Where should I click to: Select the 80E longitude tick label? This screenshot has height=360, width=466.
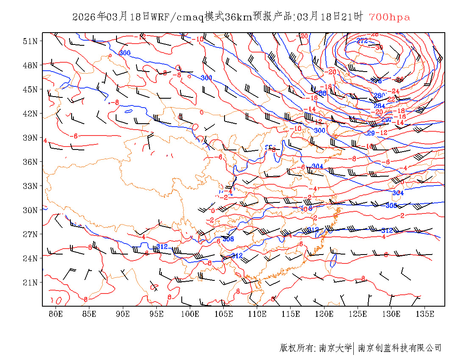pyautogui.click(x=56, y=314)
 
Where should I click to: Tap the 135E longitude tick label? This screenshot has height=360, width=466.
pyautogui.click(x=425, y=314)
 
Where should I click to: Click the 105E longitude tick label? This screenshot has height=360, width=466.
pyautogui.click(x=224, y=314)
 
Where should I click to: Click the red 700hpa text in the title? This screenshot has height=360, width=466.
pyautogui.click(x=389, y=17)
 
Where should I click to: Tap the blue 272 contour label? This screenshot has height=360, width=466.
pyautogui.click(x=362, y=41)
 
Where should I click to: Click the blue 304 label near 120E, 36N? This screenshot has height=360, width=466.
pyautogui.click(x=317, y=166)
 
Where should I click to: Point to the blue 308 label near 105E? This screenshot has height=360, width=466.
pyautogui.click(x=228, y=239)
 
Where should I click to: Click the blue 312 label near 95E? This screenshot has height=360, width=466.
pyautogui.click(x=162, y=246)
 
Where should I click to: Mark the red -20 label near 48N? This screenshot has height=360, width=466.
pyautogui.click(x=332, y=72)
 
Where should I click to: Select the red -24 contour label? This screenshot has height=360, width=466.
pyautogui.click(x=394, y=91)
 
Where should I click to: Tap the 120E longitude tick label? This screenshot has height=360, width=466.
pyautogui.click(x=324, y=314)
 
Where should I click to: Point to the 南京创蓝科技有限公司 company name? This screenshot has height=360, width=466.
pyautogui.click(x=399, y=348)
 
